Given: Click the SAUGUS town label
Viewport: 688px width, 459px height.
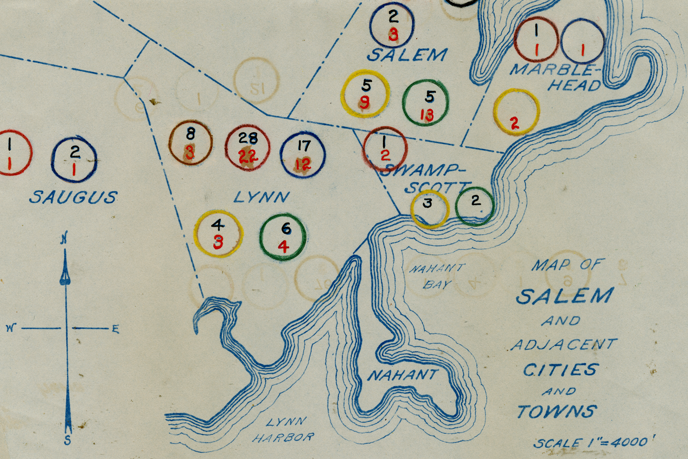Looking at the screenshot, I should (x=73, y=197).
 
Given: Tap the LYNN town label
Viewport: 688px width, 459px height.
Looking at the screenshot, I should (x=261, y=197).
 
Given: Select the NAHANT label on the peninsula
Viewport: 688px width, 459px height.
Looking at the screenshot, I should (x=402, y=375).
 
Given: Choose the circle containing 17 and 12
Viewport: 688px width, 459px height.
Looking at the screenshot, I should (x=303, y=155).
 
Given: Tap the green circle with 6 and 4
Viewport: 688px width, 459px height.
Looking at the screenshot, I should (x=283, y=238).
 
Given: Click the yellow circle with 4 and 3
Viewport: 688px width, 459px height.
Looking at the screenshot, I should (x=218, y=234).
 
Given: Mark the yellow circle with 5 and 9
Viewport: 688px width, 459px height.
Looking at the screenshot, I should (x=366, y=94).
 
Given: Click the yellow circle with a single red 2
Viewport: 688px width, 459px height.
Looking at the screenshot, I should (x=516, y=112).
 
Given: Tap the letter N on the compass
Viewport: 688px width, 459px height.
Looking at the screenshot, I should (x=64, y=239).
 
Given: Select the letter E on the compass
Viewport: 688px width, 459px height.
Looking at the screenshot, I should (x=115, y=329).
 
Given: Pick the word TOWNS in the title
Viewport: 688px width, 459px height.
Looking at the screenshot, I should (x=557, y=411).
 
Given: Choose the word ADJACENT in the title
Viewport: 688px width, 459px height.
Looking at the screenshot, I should (x=564, y=344).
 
